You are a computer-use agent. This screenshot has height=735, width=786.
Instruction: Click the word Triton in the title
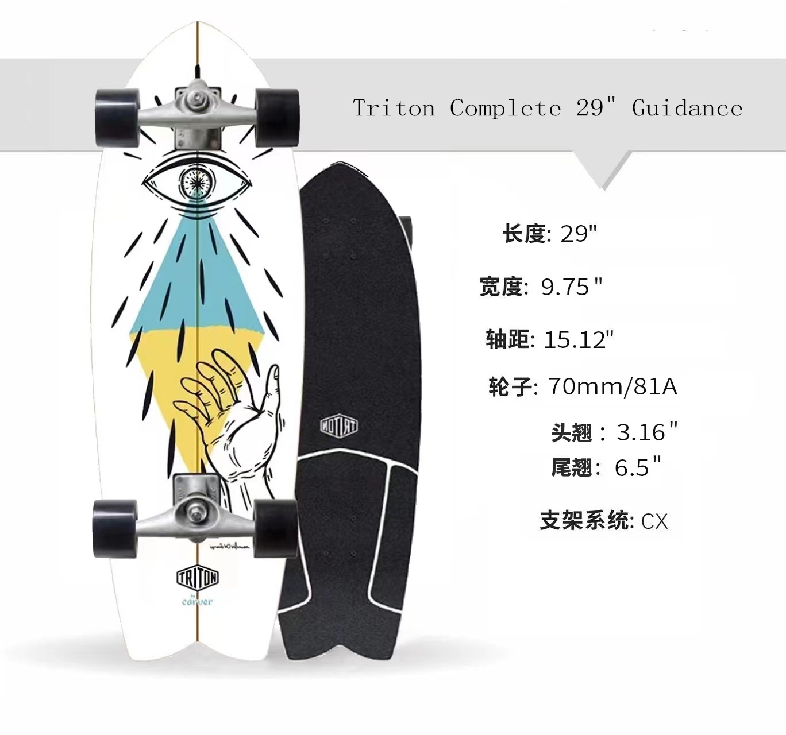[x=394, y=108]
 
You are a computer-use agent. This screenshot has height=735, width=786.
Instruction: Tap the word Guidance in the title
[x=687, y=108]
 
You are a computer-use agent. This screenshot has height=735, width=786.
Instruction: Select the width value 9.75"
[x=572, y=286]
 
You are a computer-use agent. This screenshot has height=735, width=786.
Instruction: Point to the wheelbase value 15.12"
[x=579, y=339]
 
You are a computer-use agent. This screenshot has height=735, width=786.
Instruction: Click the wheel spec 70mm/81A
[x=612, y=386]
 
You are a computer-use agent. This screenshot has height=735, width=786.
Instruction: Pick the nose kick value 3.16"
[x=647, y=432]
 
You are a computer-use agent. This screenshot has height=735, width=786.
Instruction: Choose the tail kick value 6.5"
[x=638, y=467]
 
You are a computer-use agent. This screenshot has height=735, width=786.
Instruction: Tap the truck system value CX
[x=654, y=521]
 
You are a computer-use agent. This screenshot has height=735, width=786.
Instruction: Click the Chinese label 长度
[x=523, y=234]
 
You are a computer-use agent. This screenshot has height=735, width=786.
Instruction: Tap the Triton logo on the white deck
[x=197, y=578]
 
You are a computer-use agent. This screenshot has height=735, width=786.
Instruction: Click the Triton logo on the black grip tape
[x=339, y=426]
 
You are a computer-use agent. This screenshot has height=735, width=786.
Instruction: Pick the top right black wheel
[x=277, y=118]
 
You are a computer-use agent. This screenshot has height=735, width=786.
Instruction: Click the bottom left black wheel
[x=115, y=528]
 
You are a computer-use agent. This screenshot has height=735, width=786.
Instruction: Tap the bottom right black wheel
[x=275, y=527]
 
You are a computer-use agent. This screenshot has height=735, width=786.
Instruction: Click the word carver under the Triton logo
[x=197, y=601]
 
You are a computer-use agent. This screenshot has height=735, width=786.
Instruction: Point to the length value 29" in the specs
[x=579, y=234]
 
